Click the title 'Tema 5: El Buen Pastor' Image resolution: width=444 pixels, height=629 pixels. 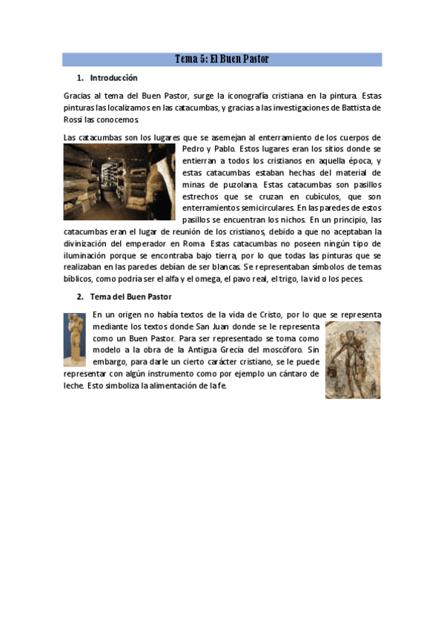click(x=222, y=59)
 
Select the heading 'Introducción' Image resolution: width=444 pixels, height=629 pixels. click(x=113, y=78)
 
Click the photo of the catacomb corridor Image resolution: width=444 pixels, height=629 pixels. click(x=119, y=182)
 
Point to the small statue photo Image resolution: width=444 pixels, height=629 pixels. click(x=74, y=340)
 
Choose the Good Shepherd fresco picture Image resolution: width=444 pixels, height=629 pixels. click(x=352, y=360)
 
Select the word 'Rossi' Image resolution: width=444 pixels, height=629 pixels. click(x=73, y=119)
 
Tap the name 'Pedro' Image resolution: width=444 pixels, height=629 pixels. click(x=193, y=149)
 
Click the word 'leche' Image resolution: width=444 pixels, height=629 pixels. click(x=73, y=386)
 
